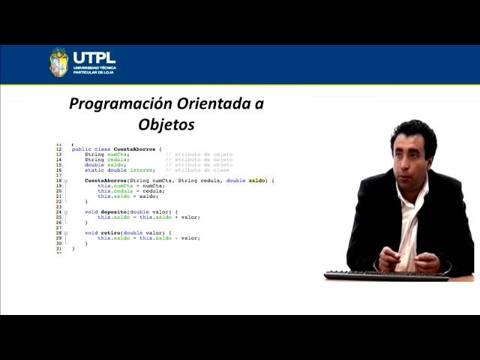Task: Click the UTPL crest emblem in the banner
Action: (58, 63)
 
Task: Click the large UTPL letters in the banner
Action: (94, 57)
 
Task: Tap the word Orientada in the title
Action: (214, 104)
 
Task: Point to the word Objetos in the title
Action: (166, 124)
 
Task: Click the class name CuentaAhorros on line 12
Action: (136, 149)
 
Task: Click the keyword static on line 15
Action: (94, 170)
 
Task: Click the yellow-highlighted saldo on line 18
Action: (256, 181)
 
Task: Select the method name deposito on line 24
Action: (109, 212)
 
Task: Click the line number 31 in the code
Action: (58, 248)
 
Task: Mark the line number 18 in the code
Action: (58, 181)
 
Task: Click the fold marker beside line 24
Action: (66, 212)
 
